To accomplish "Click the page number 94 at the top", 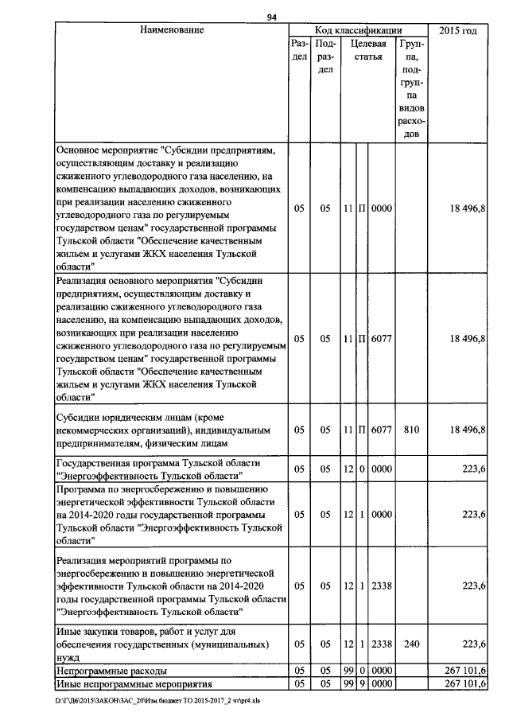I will (271, 18).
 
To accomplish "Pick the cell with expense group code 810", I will (411, 430).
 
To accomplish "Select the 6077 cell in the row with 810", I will (382, 430).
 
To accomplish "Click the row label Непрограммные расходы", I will (108, 672).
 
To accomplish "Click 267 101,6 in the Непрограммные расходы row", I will (465, 672).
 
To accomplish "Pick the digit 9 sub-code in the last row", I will (361, 684).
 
